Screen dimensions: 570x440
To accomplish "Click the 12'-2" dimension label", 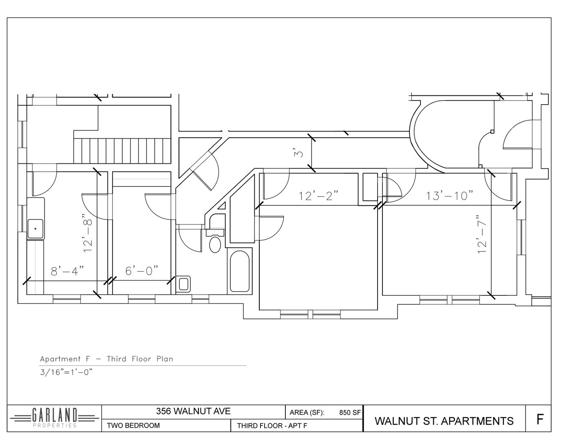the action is [319, 196].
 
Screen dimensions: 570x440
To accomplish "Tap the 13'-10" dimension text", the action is [449, 196].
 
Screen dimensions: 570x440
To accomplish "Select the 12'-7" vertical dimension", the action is [482, 234].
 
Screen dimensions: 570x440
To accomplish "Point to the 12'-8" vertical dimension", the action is [88, 233].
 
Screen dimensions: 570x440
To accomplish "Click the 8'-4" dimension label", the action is [67, 271].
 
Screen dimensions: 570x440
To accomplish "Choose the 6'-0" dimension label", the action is [142, 271].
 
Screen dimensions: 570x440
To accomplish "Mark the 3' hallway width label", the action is [298, 152].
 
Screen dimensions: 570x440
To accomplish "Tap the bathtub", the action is [239, 271].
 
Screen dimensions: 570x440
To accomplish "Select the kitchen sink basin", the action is [35, 229].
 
